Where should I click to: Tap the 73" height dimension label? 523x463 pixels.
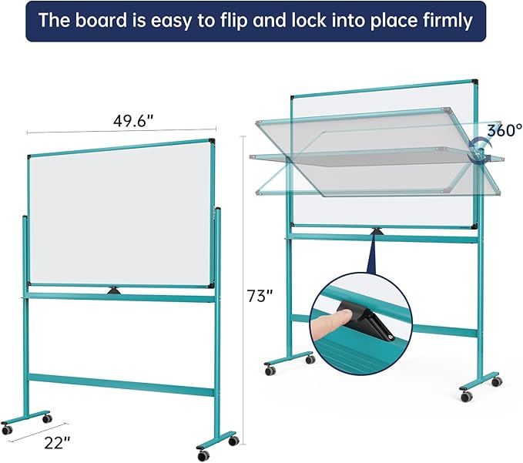(259, 295)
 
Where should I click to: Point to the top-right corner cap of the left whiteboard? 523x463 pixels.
(211, 141)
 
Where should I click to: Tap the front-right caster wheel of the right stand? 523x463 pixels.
(466, 396)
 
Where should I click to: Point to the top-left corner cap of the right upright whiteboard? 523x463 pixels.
(293, 97)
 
